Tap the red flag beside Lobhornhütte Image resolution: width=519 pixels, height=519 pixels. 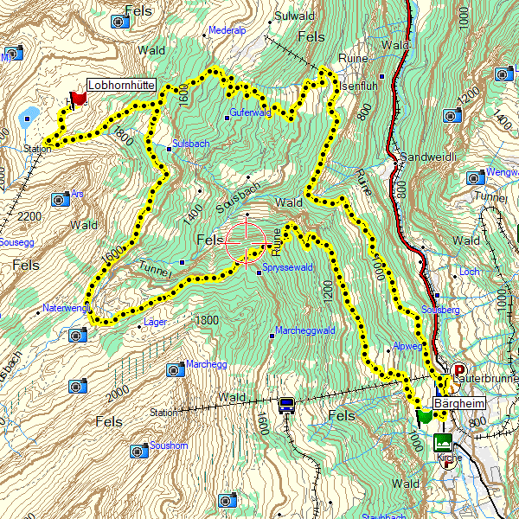click(x=79, y=99)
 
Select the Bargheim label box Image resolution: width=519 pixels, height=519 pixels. click(x=459, y=404)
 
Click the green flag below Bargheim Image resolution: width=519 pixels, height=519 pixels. click(x=424, y=417)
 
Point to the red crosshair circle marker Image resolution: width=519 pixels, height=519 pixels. click(x=244, y=241)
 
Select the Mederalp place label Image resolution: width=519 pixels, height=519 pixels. click(x=228, y=29)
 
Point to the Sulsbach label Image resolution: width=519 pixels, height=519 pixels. click(x=191, y=143)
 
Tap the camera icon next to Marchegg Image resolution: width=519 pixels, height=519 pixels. click(x=175, y=369)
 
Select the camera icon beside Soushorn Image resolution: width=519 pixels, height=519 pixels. click(x=138, y=451)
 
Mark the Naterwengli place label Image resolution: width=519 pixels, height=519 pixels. click(x=66, y=308)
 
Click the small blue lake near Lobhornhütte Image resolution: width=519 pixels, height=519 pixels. click(x=29, y=113)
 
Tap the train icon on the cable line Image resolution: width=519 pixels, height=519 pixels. click(x=286, y=403)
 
